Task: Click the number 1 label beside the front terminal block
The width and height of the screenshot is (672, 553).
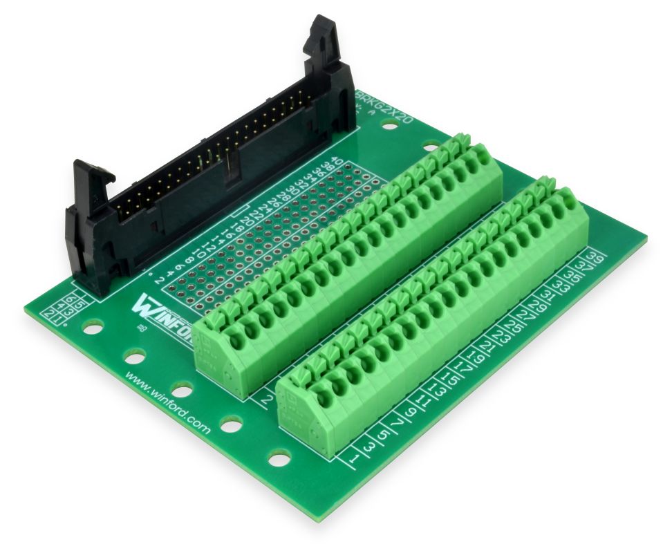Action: point(354,458)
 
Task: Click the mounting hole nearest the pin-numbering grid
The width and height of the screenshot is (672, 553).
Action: point(91,325)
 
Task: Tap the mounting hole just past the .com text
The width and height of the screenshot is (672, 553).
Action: point(230,424)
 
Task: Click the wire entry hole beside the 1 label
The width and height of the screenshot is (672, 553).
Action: point(322,400)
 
